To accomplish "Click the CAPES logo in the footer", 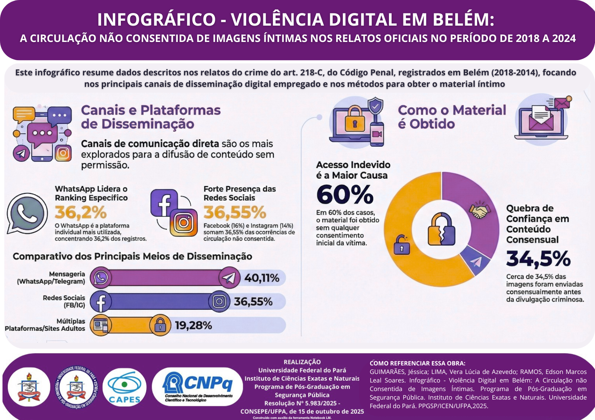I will pyautogui.click(x=125, y=387).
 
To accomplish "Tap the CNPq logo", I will pyautogui.click(x=197, y=387).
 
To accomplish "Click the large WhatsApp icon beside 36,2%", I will pyautogui.click(x=27, y=213).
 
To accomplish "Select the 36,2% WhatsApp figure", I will pyautogui.click(x=81, y=212).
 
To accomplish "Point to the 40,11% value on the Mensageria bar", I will pyautogui.click(x=262, y=278).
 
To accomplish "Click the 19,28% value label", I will pyautogui.click(x=193, y=325).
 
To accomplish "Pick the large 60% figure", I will pyautogui.click(x=345, y=195).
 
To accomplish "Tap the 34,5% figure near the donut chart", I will pyautogui.click(x=538, y=259).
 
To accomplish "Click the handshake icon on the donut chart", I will pyautogui.click(x=480, y=211).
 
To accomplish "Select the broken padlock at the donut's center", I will pyautogui.click(x=441, y=229).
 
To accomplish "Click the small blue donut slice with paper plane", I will pyautogui.click(x=476, y=262).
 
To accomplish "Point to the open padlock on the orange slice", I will pyautogui.click(x=402, y=245).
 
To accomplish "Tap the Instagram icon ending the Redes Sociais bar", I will pyautogui.click(x=219, y=302).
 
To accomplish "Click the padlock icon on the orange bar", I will pyautogui.click(x=160, y=325).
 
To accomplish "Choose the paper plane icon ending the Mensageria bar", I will pyautogui.click(x=229, y=278).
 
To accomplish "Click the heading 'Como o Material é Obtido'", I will pyautogui.click(x=452, y=117).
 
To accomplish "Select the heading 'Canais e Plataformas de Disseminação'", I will pyautogui.click(x=151, y=117).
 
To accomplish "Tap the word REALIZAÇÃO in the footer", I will pyautogui.click(x=302, y=362).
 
